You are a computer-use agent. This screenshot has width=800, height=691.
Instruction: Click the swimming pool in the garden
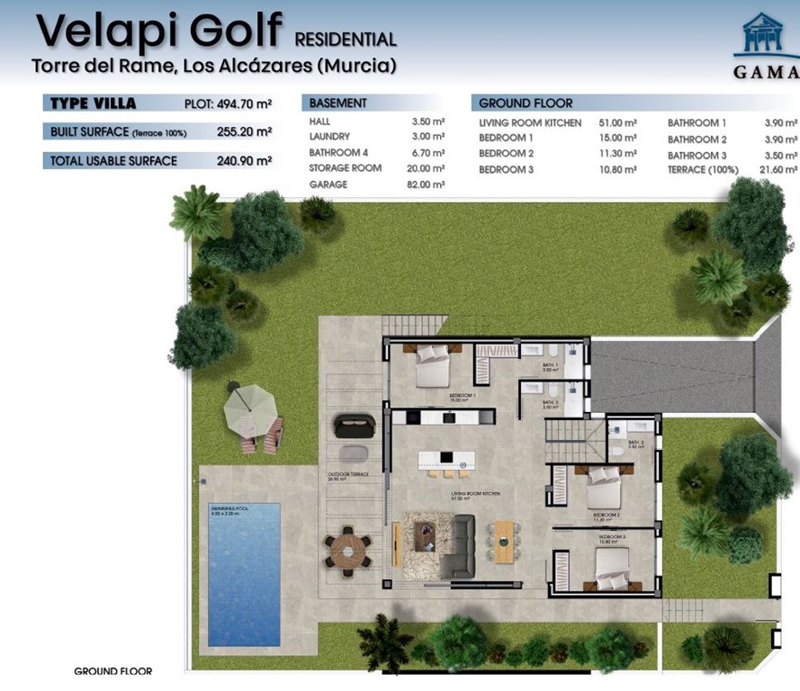click(x=244, y=574)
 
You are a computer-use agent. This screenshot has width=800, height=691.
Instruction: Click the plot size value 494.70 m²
click(x=243, y=103)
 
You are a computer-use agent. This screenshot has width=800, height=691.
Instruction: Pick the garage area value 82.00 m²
click(x=427, y=184)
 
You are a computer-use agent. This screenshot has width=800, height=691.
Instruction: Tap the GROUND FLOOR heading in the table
click(x=526, y=103)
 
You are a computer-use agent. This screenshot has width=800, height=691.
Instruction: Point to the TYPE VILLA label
click(x=93, y=103)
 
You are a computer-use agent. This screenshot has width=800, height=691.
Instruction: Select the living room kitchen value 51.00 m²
click(x=618, y=122)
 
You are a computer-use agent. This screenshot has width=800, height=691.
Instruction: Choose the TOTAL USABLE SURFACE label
click(x=114, y=161)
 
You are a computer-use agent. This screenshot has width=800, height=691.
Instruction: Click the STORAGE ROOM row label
click(x=346, y=168)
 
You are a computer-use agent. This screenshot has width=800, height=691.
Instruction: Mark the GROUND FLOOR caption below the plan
click(x=112, y=671)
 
